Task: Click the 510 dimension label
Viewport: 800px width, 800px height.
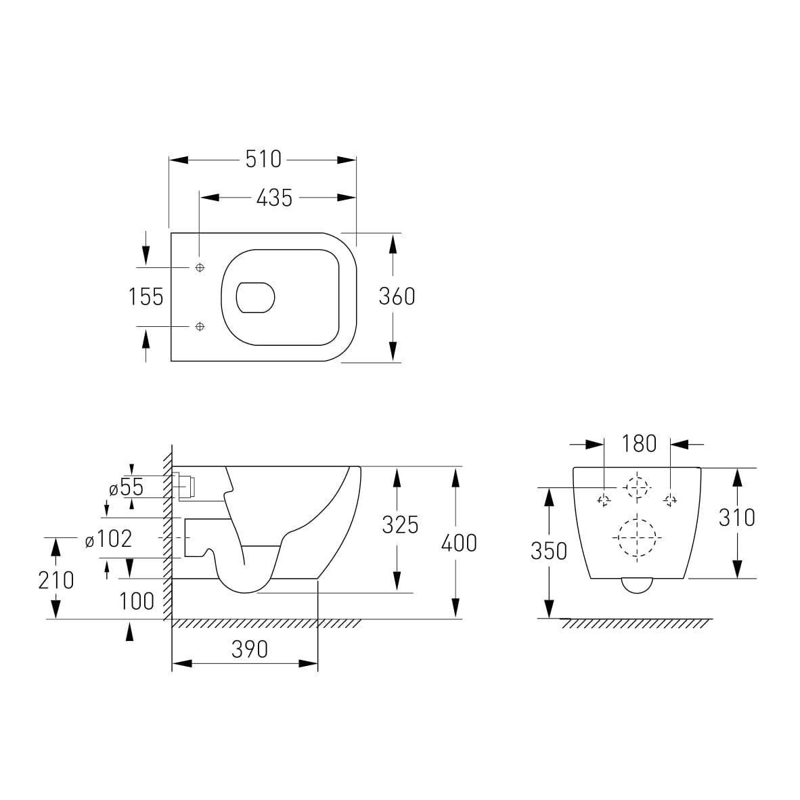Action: coord(263,159)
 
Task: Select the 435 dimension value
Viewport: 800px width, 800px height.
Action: coord(275,198)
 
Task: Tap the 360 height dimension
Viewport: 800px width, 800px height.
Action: coord(397,296)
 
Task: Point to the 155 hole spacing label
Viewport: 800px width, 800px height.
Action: coord(146,296)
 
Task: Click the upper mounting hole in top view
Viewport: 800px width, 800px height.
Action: coord(200,267)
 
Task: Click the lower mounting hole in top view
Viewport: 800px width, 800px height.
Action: coord(200,326)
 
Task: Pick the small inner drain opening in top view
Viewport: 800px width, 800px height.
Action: coord(255,297)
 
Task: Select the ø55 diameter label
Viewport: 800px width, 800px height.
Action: coord(127,488)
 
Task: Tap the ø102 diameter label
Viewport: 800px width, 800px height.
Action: coord(109,539)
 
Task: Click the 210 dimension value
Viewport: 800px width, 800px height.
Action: coord(56,580)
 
